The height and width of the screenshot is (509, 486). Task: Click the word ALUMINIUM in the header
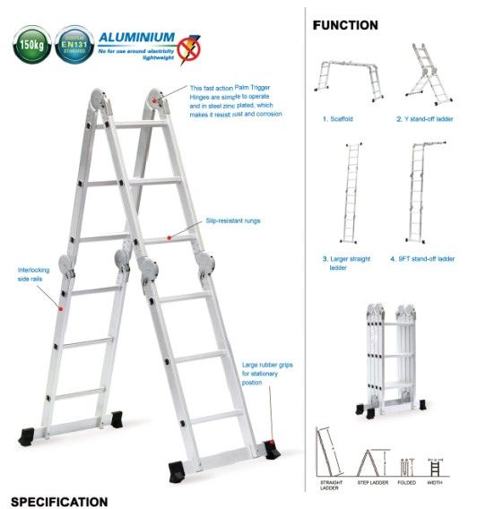point(136,37)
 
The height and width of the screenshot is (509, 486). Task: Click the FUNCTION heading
point(345,25)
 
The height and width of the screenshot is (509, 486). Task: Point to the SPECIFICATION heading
point(59,501)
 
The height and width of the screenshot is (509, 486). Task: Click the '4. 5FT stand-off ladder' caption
point(422,258)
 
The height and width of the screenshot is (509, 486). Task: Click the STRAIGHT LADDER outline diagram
point(329,455)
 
